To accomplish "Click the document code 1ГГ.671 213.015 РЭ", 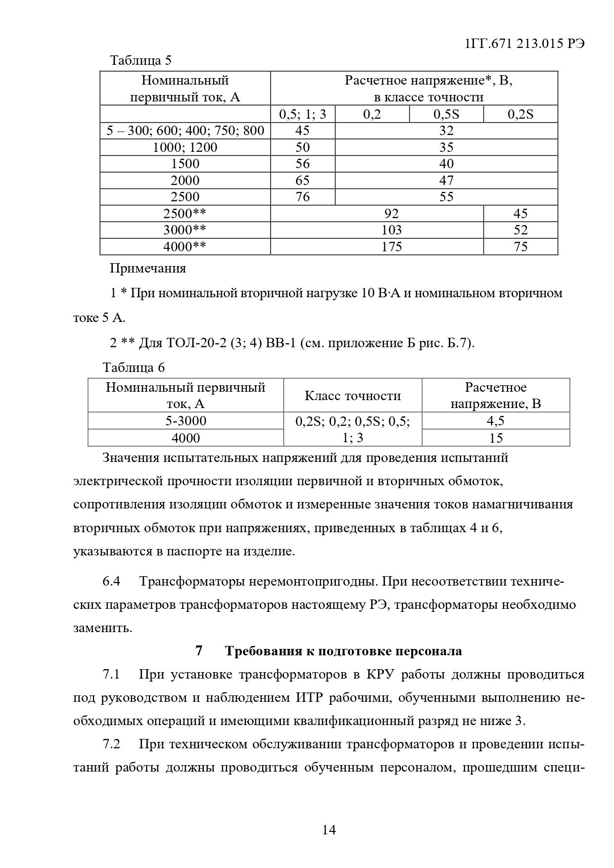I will tap(525, 44).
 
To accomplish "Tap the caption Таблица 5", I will tap(141, 61).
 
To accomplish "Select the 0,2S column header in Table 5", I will tap(520, 115).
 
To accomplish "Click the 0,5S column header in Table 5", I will tap(446, 115).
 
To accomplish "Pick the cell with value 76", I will tap(302, 197).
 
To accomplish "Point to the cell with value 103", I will tap(391, 230).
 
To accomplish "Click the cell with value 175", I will tap(391, 247).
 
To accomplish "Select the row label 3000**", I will tap(185, 230).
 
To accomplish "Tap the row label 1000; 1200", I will tap(185, 147).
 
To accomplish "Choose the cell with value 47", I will tap(446, 181).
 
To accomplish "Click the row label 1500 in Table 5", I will tap(185, 164).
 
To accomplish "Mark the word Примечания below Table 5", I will tap(148, 269).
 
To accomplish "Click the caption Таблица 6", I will tap(134, 368).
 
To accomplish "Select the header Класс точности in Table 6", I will tap(352, 396).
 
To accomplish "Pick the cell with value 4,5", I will tap(495, 421).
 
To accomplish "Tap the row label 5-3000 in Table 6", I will tap(186, 421).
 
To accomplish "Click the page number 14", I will tap(329, 830).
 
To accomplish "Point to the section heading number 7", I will tap(199, 651).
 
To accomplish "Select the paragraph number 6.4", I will tap(111, 581).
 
